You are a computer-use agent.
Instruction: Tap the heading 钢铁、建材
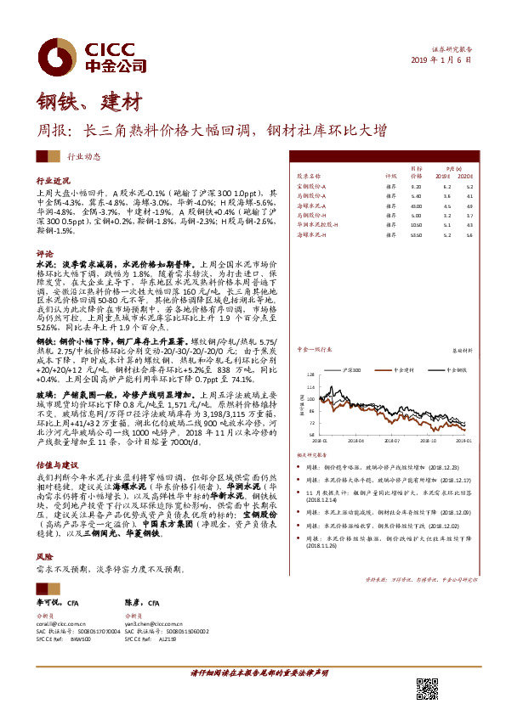pyautogui.click(x=88, y=102)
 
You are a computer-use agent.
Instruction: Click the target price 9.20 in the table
pyautogui.click(x=416, y=185)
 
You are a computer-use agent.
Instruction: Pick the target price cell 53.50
pyautogui.click(x=417, y=234)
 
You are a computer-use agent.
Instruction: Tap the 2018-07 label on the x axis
pyautogui.click(x=398, y=441)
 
